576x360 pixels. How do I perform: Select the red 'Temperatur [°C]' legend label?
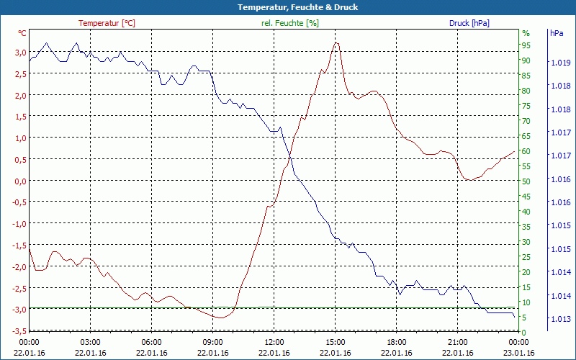107,23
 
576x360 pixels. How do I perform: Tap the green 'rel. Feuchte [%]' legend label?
289,23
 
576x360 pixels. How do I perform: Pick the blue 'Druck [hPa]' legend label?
469,23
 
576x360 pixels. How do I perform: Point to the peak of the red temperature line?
336,43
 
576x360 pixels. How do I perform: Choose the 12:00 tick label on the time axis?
274,342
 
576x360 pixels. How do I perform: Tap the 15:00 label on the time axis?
336,342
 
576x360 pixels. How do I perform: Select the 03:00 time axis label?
91,342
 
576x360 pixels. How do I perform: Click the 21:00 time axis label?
458,342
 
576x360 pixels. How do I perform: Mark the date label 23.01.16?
519,353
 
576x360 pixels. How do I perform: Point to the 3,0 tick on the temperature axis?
19,53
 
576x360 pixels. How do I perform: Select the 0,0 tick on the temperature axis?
19,181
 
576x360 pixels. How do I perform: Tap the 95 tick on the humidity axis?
526,45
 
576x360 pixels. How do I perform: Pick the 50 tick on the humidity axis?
526,181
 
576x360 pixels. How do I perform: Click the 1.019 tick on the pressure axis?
561,63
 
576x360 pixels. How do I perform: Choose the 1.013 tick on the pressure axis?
561,319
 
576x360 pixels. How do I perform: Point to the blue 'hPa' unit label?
557,33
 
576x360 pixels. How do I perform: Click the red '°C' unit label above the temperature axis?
22,33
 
